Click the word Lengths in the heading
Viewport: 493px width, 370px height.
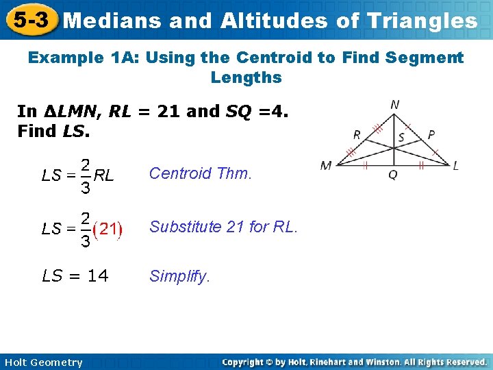tap(246, 77)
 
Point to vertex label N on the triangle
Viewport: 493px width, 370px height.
tap(395, 105)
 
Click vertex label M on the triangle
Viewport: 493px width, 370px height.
tap(326, 165)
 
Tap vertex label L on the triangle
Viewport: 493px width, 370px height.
tap(455, 165)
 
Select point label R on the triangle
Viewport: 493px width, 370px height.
tap(357, 134)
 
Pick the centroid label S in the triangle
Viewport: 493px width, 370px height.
tap(401, 137)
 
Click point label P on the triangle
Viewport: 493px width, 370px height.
tap(431, 134)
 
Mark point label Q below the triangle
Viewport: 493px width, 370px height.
tap(392, 175)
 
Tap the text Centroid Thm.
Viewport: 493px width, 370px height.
tap(201, 173)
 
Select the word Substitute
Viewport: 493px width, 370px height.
tap(181, 227)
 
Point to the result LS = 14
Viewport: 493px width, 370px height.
tap(75, 276)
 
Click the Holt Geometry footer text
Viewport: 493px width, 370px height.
tap(42, 362)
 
